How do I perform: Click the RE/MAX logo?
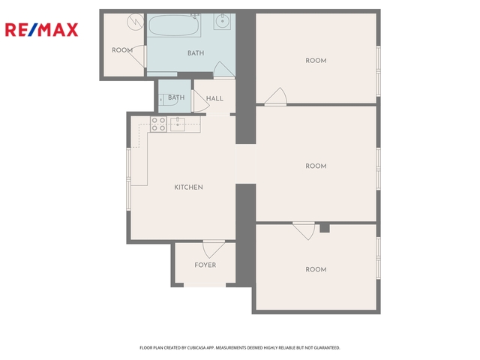42,30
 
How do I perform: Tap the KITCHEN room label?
188,187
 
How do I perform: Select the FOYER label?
205,265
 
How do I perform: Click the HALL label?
214,98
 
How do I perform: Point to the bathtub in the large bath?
174,25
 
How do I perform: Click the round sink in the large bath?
222,21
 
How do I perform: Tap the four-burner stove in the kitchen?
158,124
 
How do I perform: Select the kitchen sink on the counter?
178,124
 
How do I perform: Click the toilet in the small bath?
168,100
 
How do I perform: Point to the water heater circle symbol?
136,22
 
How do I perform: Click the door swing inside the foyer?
213,249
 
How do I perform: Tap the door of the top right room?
276,97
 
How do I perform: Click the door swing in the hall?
200,101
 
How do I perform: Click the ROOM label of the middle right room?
316,166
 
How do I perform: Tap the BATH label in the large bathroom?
196,53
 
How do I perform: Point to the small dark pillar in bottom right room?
325,228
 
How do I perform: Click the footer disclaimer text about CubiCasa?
240,348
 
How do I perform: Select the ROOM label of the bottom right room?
316,269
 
